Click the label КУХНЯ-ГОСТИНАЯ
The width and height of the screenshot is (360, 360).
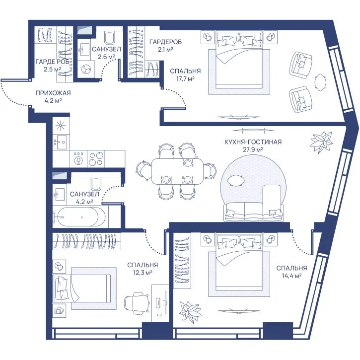[x=253, y=142]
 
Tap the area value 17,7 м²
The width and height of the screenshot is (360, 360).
[x=185, y=79]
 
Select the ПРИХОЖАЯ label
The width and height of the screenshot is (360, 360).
[x=53, y=93]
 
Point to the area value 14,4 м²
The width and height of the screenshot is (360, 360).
[x=291, y=276]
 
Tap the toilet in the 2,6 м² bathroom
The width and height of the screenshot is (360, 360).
[x=109, y=37]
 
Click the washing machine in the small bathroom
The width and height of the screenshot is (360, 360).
[x=86, y=69]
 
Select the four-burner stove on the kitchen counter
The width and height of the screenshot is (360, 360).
[x=96, y=158]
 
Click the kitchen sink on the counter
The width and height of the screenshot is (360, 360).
[x=61, y=142]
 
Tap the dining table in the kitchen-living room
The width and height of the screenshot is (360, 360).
[x=177, y=171]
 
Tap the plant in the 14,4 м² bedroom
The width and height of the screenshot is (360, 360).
[x=190, y=311]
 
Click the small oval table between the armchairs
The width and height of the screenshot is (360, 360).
[x=320, y=82]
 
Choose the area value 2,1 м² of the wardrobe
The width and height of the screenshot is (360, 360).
[x=165, y=49]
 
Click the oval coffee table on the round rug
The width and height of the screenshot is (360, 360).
[x=236, y=180]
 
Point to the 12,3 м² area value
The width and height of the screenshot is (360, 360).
[x=143, y=273]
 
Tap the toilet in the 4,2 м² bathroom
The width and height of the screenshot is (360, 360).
[x=96, y=183]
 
